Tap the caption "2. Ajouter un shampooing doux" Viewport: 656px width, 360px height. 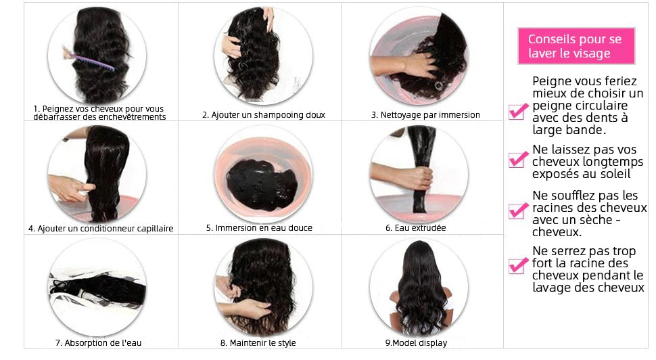264,114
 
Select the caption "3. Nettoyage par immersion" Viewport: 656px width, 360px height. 425,114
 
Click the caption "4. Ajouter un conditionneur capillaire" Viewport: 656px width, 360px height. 101,229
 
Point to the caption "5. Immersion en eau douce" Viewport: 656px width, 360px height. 259,228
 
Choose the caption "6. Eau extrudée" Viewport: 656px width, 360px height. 415,228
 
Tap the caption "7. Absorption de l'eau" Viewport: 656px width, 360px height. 98,343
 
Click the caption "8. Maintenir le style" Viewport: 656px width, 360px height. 258,343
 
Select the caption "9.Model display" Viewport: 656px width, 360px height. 416,343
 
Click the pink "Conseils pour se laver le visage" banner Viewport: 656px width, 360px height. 576,46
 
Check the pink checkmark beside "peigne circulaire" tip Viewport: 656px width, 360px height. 518,112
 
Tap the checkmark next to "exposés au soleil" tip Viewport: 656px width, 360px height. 518,159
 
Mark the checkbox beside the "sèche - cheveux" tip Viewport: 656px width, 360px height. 518,210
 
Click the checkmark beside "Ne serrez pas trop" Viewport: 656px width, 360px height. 518,265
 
